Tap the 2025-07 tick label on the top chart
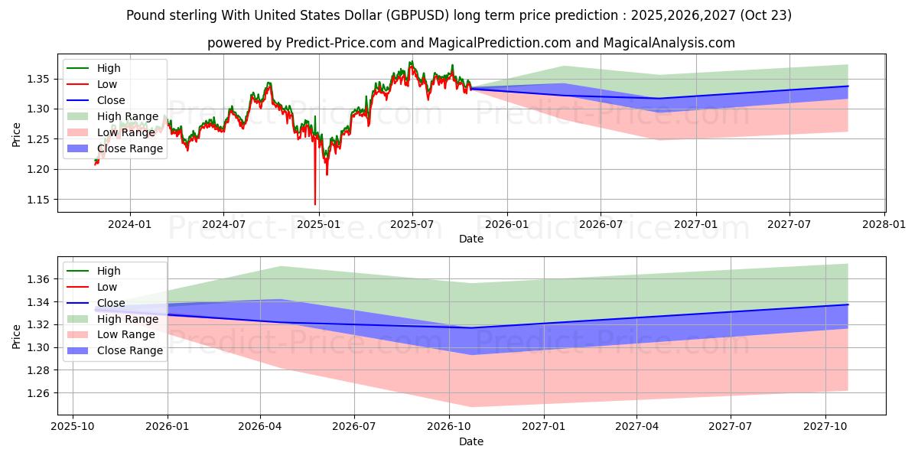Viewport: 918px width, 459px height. [412, 224]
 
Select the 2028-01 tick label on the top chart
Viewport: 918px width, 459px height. [884, 224]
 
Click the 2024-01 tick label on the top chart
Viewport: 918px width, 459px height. [129, 224]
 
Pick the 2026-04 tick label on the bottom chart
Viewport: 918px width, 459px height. [260, 427]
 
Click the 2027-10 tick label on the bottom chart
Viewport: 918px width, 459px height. [825, 427]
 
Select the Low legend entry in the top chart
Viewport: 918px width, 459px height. [107, 84]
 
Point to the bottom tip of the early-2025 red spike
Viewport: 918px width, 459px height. [315, 204]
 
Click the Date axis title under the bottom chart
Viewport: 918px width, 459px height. [471, 441]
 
